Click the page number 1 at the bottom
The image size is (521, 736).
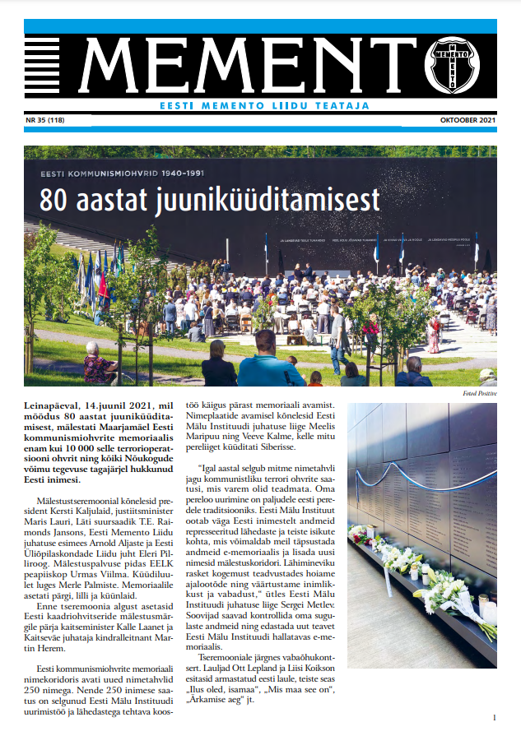pos(493,718)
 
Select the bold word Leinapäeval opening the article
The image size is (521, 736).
pos(57,406)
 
